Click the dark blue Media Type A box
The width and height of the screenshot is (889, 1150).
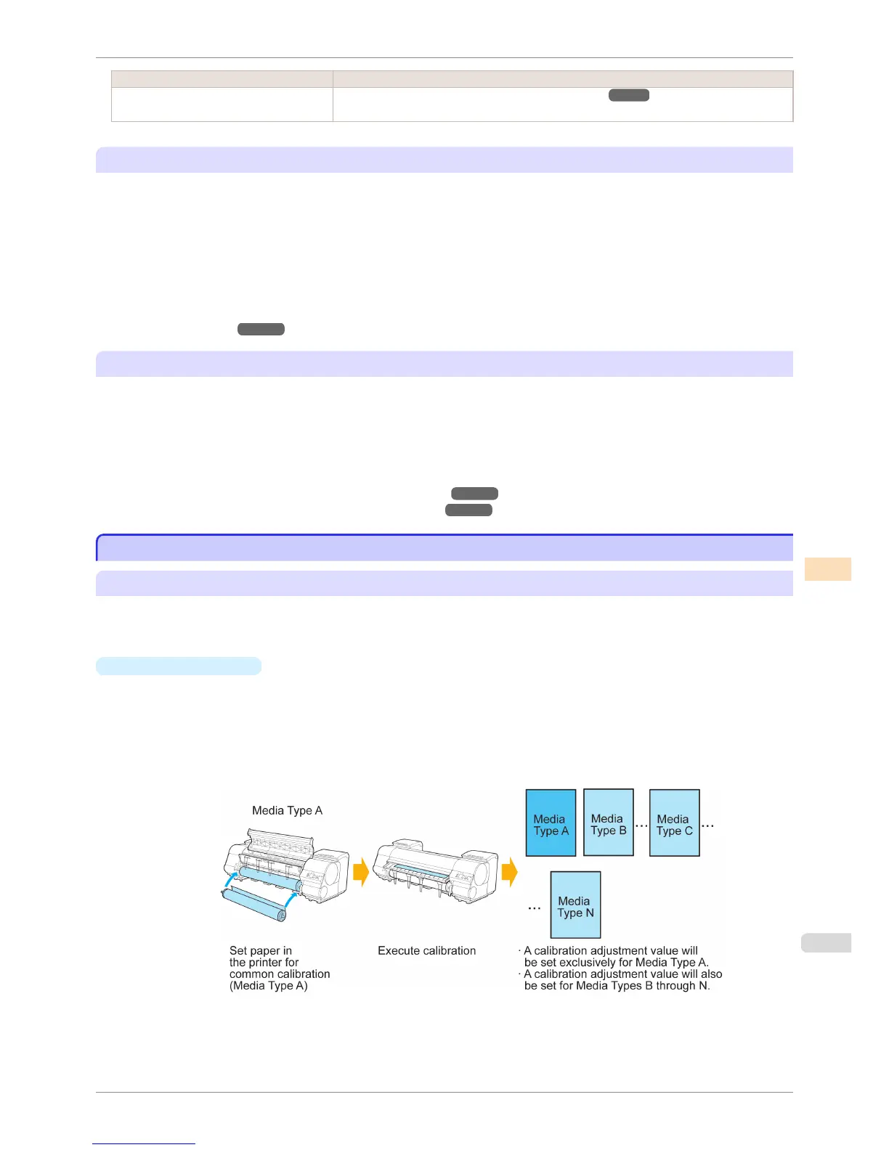tap(551, 823)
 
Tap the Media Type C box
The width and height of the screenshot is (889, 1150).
tap(674, 823)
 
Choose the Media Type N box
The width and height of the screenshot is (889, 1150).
tap(575, 905)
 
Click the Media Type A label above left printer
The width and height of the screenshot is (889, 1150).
tap(287, 810)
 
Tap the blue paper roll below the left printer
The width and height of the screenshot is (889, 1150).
tap(254, 905)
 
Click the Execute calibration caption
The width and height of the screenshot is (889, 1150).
tap(426, 950)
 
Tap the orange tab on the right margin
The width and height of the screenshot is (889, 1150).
tap(827, 569)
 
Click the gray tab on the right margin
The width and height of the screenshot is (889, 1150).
tap(826, 942)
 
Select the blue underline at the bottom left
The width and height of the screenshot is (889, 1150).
tap(144, 1143)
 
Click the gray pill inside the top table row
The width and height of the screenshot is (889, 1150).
tap(628, 95)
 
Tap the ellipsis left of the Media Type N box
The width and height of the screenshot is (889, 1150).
tap(535, 908)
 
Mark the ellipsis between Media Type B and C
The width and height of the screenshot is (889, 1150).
tap(641, 825)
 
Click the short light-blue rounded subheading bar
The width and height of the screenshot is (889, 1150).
tap(179, 666)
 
